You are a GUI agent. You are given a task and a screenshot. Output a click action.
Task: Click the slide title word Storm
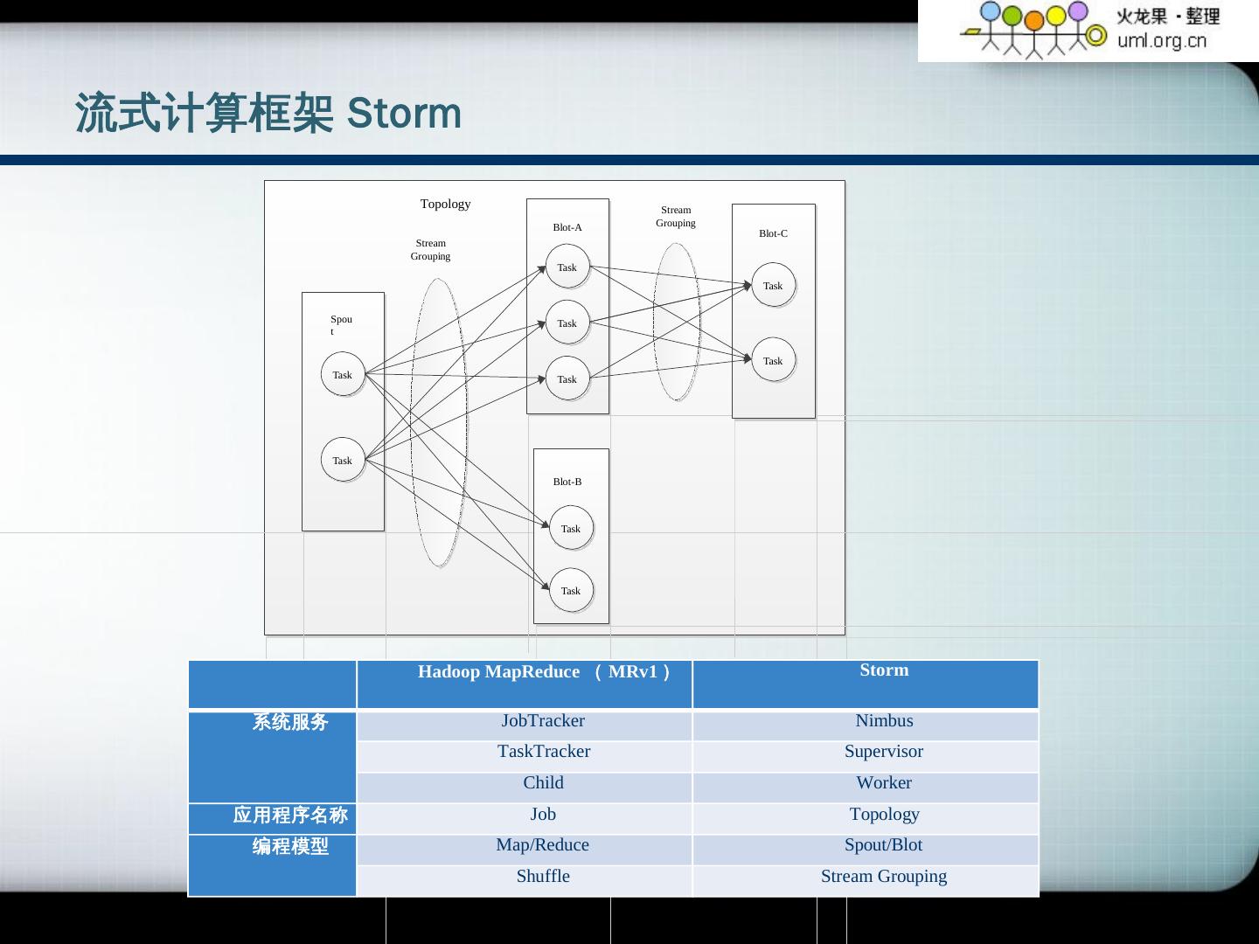tap(404, 114)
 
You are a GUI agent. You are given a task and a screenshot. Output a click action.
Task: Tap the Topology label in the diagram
tap(445, 204)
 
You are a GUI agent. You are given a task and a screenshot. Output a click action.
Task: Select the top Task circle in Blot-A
tap(567, 267)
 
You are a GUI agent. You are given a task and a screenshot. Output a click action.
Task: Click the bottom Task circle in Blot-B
tap(571, 591)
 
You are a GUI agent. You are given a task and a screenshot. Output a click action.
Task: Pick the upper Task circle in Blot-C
tap(773, 286)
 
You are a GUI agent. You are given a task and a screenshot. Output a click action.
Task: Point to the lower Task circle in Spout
tap(343, 461)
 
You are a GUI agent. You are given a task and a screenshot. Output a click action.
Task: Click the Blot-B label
tap(567, 482)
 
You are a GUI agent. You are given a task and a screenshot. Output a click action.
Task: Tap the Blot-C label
tap(773, 233)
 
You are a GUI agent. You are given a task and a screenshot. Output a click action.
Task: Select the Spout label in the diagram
tap(340, 324)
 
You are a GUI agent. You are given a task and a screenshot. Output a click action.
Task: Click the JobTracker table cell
tap(543, 721)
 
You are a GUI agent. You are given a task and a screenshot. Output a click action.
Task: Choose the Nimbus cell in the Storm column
tap(884, 721)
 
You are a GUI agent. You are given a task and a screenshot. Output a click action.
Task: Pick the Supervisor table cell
tap(884, 752)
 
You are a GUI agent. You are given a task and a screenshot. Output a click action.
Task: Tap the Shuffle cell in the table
tap(543, 877)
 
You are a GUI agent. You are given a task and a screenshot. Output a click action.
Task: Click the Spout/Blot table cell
tap(883, 845)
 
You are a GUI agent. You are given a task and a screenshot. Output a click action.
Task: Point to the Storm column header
tap(884, 670)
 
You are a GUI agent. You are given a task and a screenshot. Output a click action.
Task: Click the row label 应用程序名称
tap(290, 816)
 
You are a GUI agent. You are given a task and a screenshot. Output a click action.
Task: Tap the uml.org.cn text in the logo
tap(1161, 40)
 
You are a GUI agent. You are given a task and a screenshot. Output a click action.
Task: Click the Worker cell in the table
tap(884, 783)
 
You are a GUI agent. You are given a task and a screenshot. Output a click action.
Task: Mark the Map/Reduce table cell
tap(543, 845)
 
